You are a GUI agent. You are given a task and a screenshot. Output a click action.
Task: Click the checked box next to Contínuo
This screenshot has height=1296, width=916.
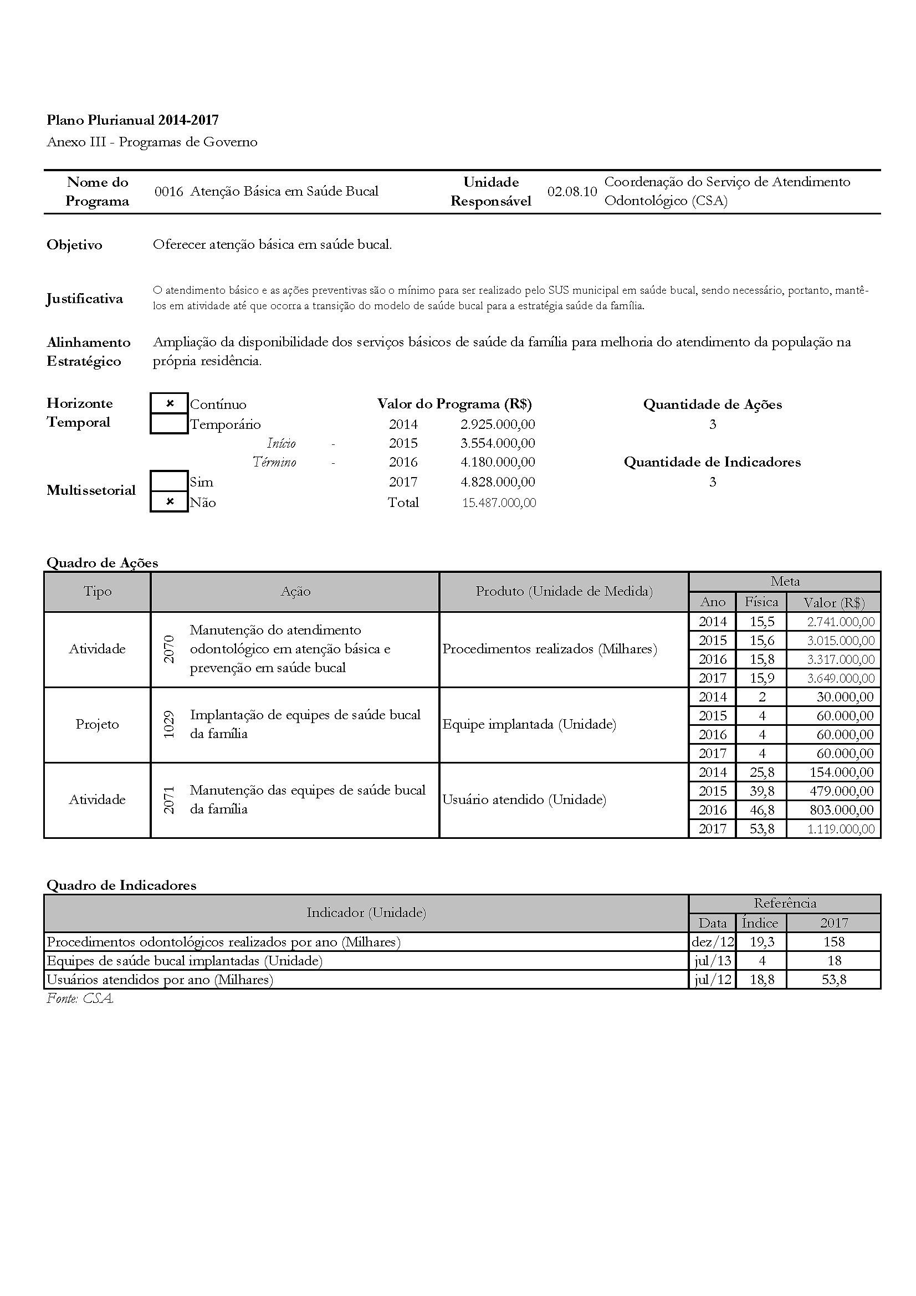click(170, 403)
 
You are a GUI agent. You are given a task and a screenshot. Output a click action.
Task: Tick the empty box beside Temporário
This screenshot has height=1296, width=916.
click(170, 423)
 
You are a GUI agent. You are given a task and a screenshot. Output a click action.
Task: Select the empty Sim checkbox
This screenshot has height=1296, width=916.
click(170, 481)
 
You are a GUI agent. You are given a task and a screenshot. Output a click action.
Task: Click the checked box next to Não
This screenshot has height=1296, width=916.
click(170, 502)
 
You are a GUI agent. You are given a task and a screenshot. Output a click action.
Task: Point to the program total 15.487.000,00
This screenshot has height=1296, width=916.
click(499, 503)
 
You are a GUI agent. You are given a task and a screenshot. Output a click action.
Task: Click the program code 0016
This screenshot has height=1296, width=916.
click(169, 191)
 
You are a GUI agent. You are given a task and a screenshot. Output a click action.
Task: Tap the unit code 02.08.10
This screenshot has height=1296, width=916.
click(572, 191)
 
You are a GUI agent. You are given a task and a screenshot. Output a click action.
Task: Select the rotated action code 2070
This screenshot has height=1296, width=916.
click(169, 649)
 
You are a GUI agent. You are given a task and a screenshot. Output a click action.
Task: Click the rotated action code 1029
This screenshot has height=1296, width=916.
click(169, 724)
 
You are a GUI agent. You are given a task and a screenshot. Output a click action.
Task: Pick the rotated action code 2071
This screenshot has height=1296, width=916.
click(169, 800)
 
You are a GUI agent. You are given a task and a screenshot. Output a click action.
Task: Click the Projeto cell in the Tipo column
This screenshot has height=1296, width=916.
click(97, 724)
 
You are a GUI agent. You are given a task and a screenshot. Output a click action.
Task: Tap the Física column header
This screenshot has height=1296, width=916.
click(761, 602)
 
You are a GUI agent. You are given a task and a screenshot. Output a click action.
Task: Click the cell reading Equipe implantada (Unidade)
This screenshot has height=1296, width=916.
click(529, 724)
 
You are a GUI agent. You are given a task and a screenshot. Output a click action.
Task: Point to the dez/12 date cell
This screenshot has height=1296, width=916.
click(712, 941)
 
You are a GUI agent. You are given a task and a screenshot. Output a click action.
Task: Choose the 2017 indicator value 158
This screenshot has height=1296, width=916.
click(833, 941)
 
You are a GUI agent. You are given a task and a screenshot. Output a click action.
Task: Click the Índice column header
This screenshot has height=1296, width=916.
click(760, 923)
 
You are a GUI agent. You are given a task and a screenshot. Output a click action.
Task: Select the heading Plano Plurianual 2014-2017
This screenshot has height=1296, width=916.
click(132, 120)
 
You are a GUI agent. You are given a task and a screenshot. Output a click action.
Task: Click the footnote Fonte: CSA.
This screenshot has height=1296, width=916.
click(80, 998)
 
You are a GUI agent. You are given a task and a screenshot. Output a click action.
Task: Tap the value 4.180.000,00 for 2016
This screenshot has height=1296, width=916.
click(497, 462)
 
